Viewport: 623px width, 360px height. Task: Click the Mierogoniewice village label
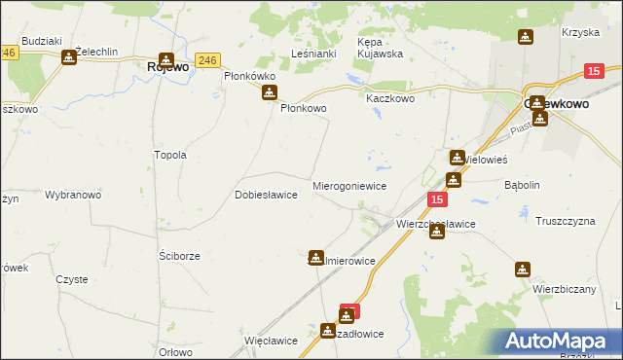pyautogui.click(x=349, y=185)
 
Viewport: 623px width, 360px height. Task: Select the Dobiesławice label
pyautogui.click(x=266, y=195)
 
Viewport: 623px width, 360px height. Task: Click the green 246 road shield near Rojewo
pyautogui.click(x=205, y=60)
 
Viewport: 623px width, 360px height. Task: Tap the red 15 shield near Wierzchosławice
pyautogui.click(x=437, y=199)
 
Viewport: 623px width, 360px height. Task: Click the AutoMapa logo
pyautogui.click(x=564, y=342)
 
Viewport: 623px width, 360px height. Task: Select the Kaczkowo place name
pyautogui.click(x=390, y=99)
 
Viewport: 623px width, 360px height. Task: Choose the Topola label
pyautogui.click(x=170, y=155)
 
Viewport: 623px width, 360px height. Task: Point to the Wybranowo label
pyautogui.click(x=73, y=195)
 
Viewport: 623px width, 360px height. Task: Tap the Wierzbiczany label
pyautogui.click(x=564, y=289)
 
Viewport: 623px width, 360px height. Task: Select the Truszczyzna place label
pyautogui.click(x=565, y=221)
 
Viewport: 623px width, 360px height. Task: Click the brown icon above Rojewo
pyautogui.click(x=166, y=58)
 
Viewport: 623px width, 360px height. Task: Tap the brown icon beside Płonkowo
pyautogui.click(x=270, y=92)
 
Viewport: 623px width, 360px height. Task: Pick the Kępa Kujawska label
pyautogui.click(x=380, y=48)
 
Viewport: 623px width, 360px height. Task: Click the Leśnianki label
pyautogui.click(x=314, y=54)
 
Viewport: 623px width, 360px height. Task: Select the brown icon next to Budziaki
pyautogui.click(x=68, y=57)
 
